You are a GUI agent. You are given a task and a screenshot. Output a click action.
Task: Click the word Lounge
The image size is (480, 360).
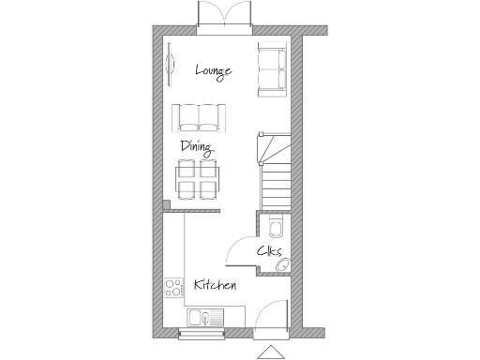click(x=213, y=71)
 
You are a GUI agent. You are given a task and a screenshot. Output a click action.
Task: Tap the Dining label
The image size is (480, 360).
click(x=197, y=147)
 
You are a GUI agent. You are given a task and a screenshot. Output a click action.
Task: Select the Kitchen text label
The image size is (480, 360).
click(x=215, y=284)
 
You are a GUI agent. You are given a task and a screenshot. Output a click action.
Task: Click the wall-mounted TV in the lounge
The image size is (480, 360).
click(x=170, y=63)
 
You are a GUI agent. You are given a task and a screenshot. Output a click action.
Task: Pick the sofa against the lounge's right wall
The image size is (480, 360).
click(x=272, y=70)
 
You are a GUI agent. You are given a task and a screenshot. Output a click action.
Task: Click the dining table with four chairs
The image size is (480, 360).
click(x=198, y=178)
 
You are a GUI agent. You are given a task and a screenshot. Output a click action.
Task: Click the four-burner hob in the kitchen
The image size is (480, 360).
click(x=173, y=286)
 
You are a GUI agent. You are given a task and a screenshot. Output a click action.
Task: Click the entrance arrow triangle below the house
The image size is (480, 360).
click(x=269, y=352)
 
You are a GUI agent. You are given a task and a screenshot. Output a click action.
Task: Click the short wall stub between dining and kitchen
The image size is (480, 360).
click(x=165, y=205)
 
